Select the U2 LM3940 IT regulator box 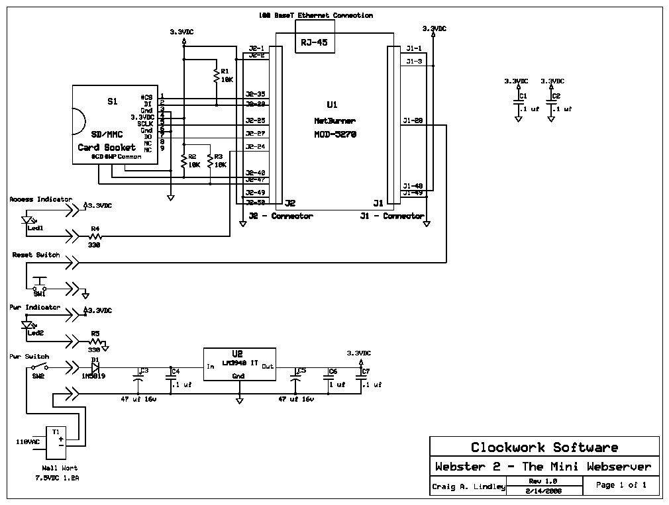238,365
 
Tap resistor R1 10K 216,75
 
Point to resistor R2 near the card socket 183,161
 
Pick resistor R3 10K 209,161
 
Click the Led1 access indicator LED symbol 28,220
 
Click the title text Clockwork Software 544,447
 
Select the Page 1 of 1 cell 621,485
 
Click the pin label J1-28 413,120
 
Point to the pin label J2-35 255,94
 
